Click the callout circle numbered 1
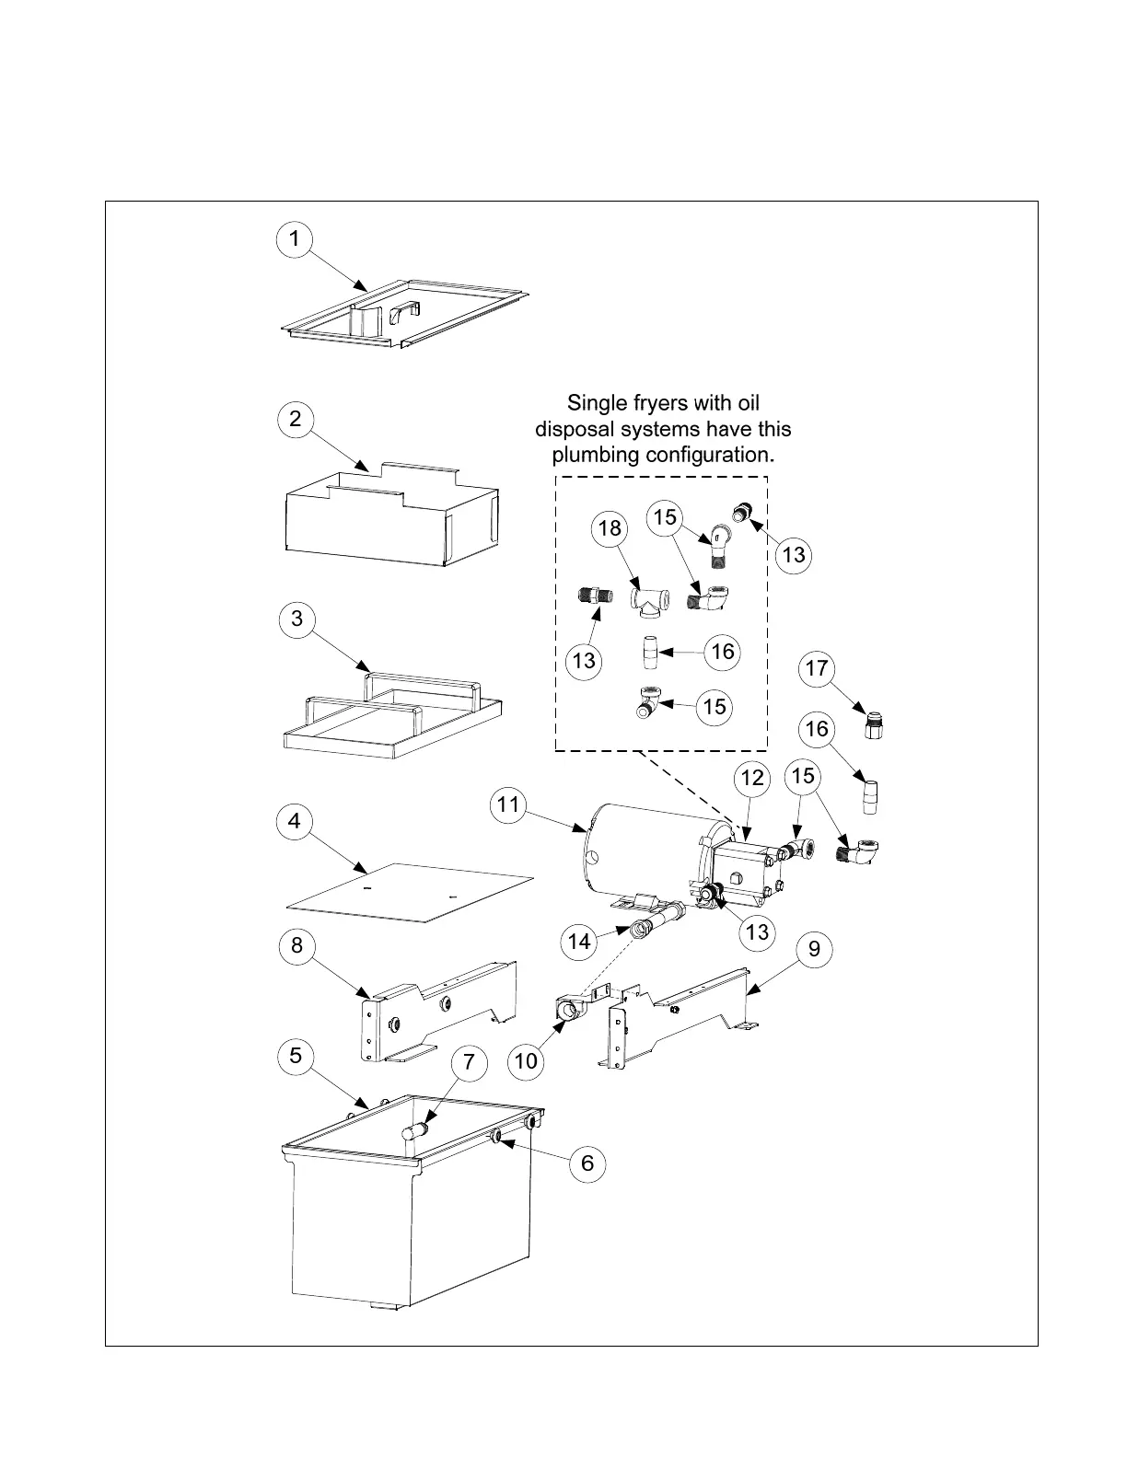(294, 239)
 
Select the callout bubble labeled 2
(295, 419)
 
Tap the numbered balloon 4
(295, 820)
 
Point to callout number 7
(469, 1062)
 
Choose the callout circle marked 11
(507, 805)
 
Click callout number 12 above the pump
(752, 778)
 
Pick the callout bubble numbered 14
(579, 941)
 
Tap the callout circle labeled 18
(610, 528)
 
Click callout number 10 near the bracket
(526, 1060)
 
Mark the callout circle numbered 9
(814, 948)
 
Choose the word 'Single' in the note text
(594, 403)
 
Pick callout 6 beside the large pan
(587, 1163)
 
